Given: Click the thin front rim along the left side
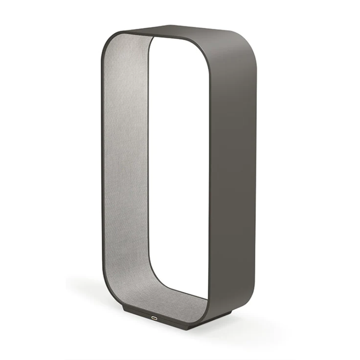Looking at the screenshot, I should coord(101,171).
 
